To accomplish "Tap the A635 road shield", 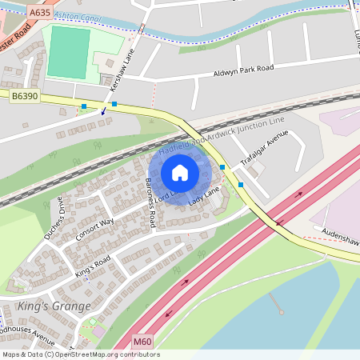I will (x=38, y=13).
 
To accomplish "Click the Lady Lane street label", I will (x=203, y=194).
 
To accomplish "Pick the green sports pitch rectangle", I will (x=68, y=52).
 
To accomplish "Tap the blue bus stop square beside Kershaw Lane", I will (x=114, y=104).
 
